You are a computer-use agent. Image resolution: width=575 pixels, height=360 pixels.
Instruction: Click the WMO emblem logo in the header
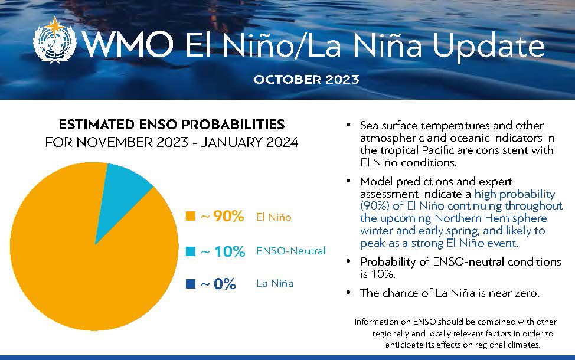coord(55,42)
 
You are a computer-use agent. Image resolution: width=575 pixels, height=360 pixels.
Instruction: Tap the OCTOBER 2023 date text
coord(306,80)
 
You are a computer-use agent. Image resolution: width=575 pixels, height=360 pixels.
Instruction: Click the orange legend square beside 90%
coord(191,217)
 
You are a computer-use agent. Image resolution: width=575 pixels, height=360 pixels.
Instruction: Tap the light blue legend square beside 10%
coord(191,251)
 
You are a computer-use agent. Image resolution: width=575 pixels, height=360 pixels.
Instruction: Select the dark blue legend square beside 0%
coord(191,284)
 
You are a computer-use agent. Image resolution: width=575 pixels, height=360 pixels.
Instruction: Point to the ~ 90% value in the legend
coord(222,217)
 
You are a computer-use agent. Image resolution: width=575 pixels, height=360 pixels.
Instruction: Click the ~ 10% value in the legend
coord(223,251)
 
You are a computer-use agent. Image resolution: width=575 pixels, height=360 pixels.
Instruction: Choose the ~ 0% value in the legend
coord(218,284)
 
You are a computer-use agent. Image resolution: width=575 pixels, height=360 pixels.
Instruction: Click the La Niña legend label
coord(275,284)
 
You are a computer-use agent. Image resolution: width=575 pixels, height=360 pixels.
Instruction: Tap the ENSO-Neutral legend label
coord(291,251)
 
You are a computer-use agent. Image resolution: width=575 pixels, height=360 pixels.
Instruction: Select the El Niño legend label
coord(273,217)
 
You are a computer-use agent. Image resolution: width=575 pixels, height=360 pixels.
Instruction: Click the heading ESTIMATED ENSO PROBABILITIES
coord(171,125)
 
